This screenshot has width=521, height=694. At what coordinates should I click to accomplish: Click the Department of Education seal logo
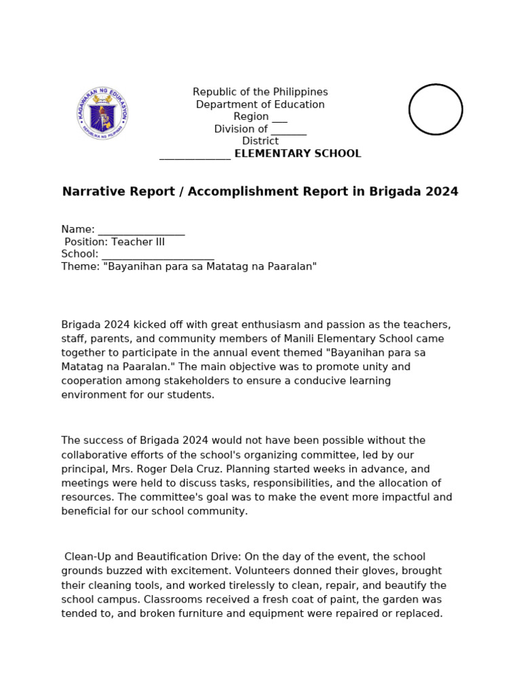102,113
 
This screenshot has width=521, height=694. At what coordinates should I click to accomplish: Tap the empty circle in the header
436,109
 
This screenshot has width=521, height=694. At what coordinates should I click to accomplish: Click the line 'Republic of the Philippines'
260,92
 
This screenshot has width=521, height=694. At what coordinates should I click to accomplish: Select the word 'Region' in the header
251,117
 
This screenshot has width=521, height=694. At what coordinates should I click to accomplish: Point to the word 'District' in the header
260,141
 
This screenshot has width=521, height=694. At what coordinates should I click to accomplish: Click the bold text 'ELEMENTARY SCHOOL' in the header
297,154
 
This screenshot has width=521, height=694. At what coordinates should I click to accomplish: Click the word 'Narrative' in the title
89,192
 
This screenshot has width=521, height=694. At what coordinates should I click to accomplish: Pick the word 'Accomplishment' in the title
233,192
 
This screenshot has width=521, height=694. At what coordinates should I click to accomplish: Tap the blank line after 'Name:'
141,230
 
